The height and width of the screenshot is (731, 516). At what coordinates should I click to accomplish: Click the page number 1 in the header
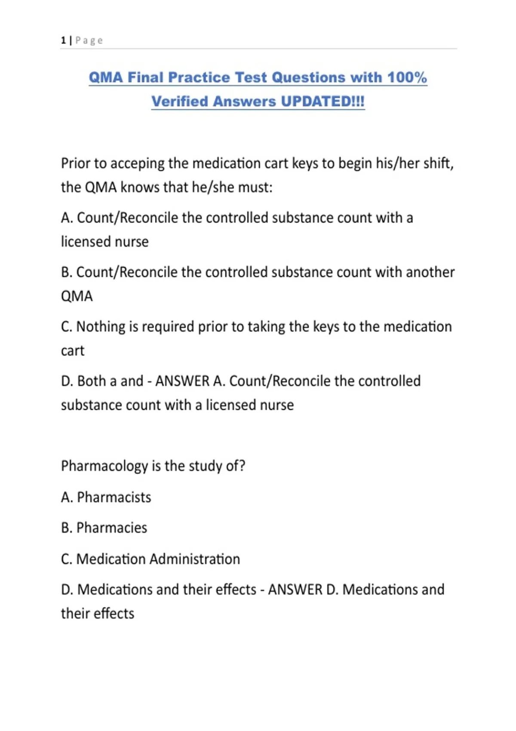(x=63, y=40)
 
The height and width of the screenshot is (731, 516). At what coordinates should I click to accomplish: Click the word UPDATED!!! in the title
(x=322, y=101)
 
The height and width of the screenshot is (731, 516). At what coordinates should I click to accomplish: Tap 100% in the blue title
(x=407, y=77)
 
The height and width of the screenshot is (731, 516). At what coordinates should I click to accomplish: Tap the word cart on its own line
(x=73, y=351)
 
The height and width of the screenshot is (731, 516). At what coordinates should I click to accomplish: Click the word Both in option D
(x=92, y=381)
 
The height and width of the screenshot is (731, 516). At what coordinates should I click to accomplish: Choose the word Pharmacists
(x=114, y=498)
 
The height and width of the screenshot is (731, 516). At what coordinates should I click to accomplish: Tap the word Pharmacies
(x=112, y=528)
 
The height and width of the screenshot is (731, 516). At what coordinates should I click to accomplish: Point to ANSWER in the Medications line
(x=295, y=590)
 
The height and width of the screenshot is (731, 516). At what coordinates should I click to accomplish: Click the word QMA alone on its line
(x=77, y=296)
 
